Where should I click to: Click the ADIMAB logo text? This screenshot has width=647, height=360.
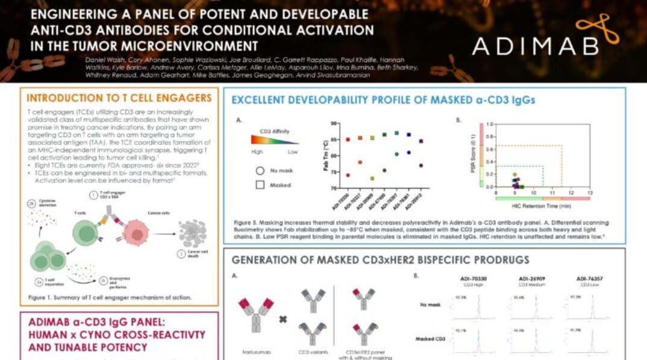[536, 46]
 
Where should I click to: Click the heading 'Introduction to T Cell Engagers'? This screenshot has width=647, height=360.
[120, 98]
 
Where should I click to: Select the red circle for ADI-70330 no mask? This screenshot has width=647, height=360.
[348, 175]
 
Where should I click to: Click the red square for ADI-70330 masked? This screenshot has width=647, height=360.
[348, 140]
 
